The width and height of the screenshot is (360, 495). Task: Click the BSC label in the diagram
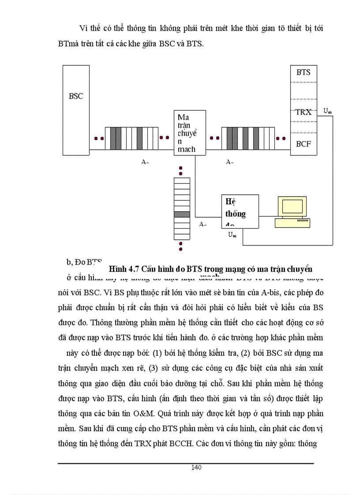(76, 96)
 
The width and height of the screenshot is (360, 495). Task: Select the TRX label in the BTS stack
(304, 112)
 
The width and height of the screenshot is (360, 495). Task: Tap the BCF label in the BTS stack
(304, 144)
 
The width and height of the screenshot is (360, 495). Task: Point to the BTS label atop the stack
(304, 72)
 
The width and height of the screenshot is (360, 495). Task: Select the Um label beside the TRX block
(327, 111)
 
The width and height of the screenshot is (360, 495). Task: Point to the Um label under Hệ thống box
(232, 234)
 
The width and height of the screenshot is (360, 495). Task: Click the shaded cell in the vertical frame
(181, 214)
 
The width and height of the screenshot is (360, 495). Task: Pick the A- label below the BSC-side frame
(145, 162)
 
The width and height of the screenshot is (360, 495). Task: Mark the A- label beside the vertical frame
(203, 224)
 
